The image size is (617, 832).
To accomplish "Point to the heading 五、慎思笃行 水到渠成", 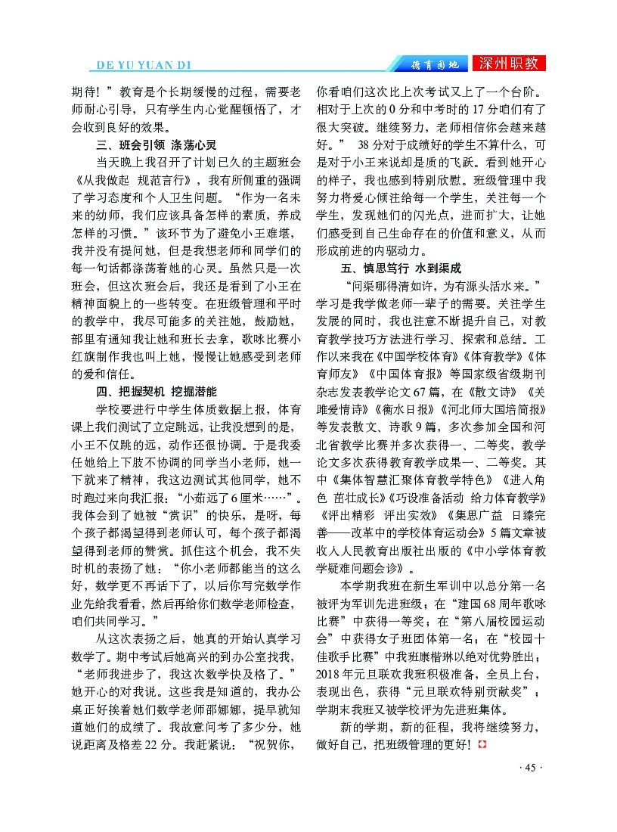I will click(400, 269).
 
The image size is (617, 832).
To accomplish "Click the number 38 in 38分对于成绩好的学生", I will click(365, 144).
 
